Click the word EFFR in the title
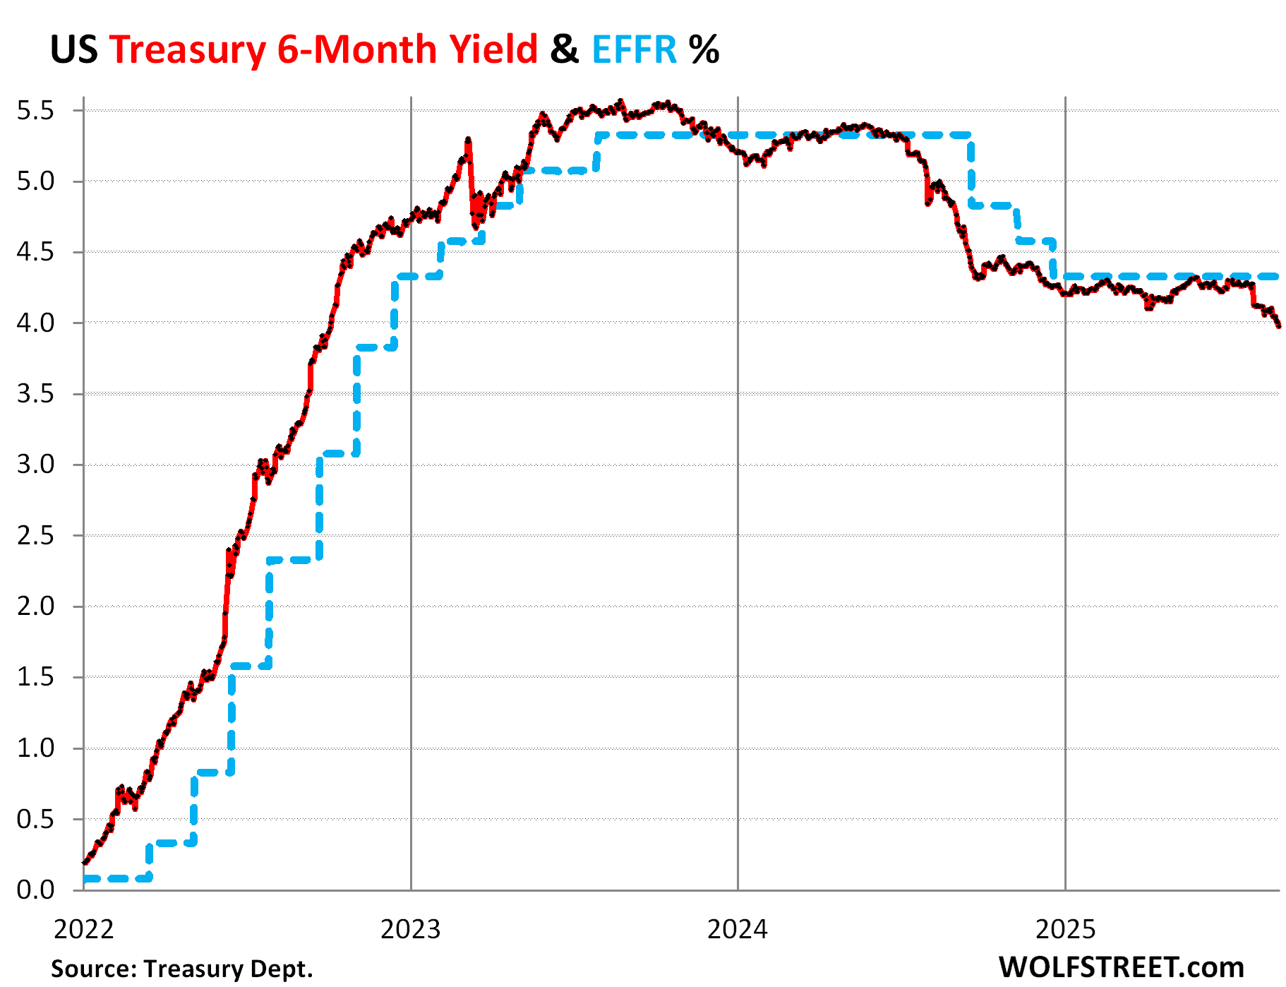(634, 49)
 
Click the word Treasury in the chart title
(188, 49)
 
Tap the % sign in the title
(704, 49)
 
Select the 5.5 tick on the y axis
(35, 111)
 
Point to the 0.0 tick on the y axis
(35, 890)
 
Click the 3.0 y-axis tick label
(35, 465)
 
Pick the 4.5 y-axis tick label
(35, 252)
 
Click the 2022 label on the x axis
(83, 929)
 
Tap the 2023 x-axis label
(410, 929)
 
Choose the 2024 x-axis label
(737, 929)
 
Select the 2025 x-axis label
(1065, 929)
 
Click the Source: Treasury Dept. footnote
(181, 968)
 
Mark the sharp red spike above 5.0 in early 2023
(468, 141)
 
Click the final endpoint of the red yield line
(1278, 325)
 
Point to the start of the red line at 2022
(85, 862)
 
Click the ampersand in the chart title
(565, 49)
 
